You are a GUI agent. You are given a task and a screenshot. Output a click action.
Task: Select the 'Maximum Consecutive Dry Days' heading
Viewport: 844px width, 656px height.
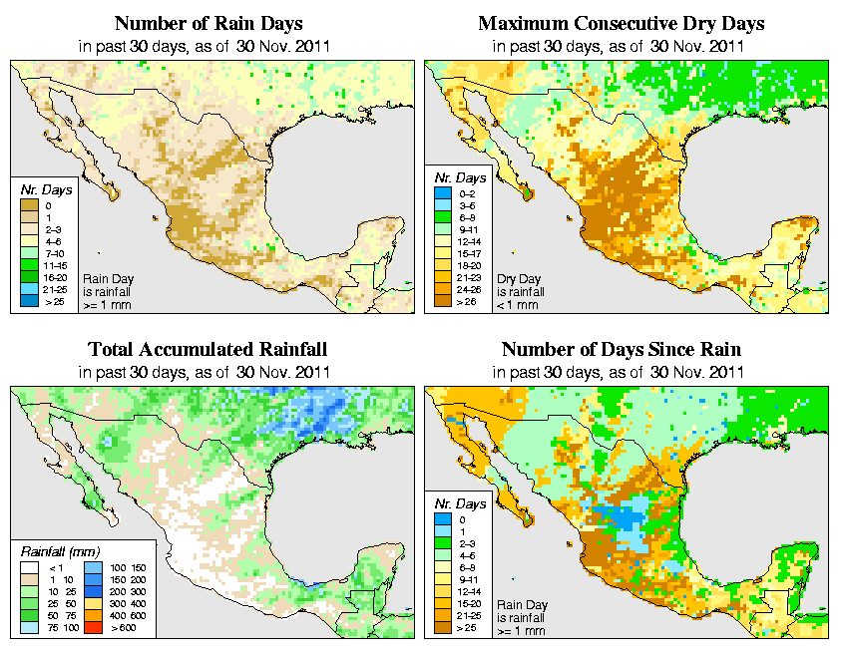(622, 23)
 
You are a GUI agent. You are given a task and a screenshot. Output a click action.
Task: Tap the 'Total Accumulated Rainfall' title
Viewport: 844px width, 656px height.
(208, 350)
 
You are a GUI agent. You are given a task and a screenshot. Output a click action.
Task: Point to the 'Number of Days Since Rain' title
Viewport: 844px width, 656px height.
(622, 350)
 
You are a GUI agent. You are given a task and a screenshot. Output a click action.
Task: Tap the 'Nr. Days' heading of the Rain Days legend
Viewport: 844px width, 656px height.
(44, 188)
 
